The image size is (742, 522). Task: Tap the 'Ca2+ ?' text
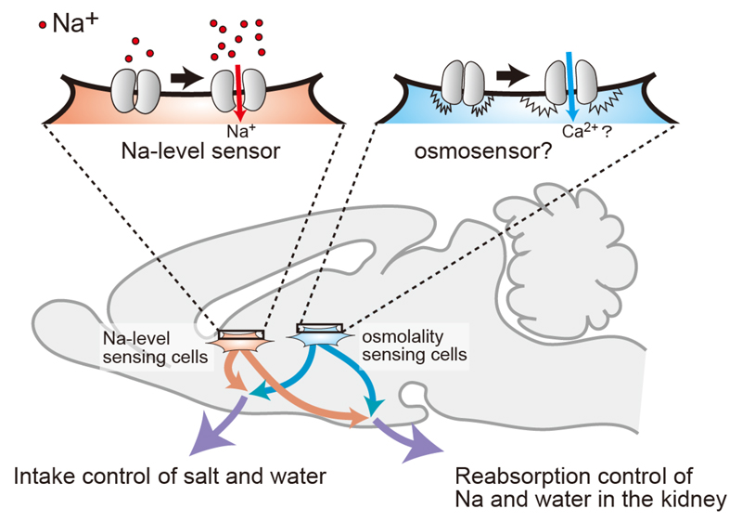[576, 131]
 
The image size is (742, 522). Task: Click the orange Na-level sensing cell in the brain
[239, 342]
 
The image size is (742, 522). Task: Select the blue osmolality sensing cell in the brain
[319, 335]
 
